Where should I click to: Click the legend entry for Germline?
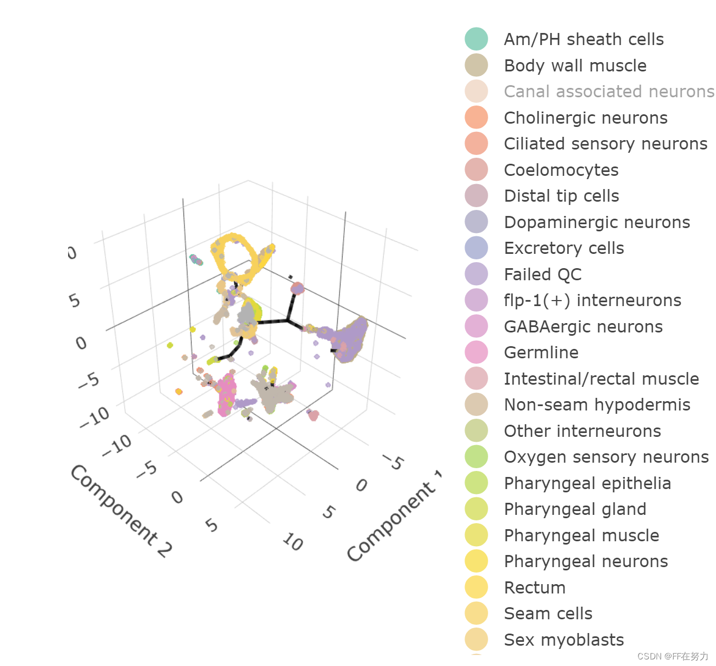pos(541,353)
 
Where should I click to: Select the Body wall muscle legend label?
pos(575,66)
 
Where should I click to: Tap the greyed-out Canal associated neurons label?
pos(609,92)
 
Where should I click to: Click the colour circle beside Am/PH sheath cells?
pos(476,39)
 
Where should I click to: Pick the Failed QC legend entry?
pos(542,274)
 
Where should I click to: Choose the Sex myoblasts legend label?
pos(564,640)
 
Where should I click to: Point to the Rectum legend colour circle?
pos(476,587)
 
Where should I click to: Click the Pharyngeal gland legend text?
pos(575,509)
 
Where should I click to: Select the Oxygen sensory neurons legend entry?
pos(606,457)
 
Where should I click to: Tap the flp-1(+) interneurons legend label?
pos(592,301)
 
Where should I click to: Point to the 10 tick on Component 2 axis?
pos(293,542)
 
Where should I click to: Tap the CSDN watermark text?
pos(673,656)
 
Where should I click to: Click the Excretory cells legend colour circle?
pos(476,248)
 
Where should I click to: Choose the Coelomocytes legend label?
pos(561,170)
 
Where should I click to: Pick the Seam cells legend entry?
pos(548,614)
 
